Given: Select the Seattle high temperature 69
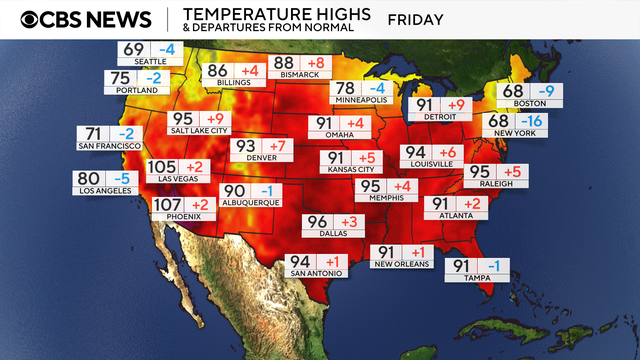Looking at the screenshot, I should pos(134,49).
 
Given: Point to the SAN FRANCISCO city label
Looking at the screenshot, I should pos(108,146).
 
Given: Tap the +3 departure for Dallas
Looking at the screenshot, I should pos(349,221).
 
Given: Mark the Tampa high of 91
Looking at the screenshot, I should pos(461,266).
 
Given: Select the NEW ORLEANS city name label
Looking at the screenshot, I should pos(402,264).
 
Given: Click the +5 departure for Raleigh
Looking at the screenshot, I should pos(512,172).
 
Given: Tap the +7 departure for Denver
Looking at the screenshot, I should pos(277,147).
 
